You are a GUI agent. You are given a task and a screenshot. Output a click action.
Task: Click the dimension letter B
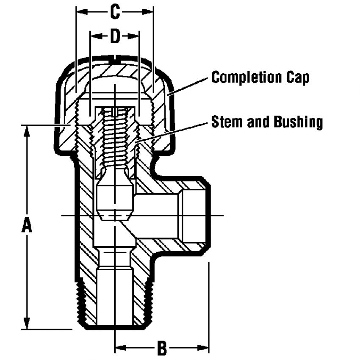point(162,348)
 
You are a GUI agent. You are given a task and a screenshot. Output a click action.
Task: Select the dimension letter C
point(115,12)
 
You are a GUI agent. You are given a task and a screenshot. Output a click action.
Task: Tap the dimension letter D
point(115,36)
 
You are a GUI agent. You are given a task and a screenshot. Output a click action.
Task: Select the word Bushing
point(299,122)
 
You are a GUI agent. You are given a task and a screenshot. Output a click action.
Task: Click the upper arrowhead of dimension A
point(27,130)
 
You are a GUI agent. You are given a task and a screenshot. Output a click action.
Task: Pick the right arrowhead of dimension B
point(203,348)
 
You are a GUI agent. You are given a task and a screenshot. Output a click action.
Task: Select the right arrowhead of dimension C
point(148,12)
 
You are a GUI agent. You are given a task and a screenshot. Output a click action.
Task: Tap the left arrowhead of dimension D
point(96,36)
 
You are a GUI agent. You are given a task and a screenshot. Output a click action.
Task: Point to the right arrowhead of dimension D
point(133,36)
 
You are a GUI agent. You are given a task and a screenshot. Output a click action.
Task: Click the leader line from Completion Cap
point(188,86)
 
